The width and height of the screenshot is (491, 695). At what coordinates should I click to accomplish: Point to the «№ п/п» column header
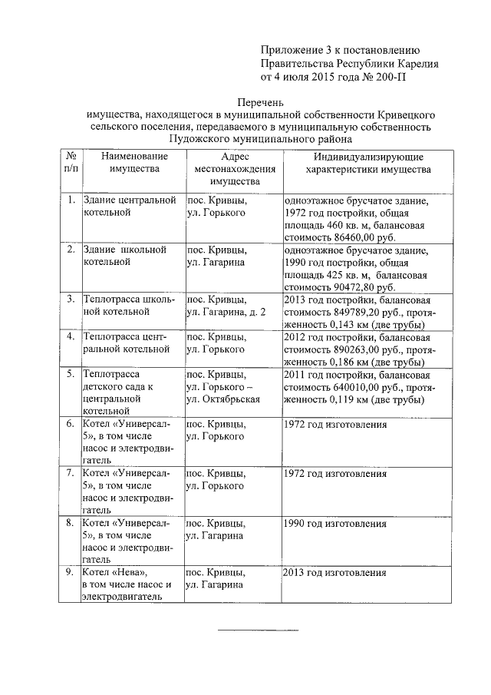tap(70, 162)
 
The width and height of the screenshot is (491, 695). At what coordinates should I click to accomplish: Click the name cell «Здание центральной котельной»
tap(130, 207)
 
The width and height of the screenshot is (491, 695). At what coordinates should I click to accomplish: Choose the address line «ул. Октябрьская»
tap(223, 400)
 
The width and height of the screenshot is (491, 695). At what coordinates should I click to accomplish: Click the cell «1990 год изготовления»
tap(334, 524)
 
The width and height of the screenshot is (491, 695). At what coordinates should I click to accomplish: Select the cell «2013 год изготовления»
tap(334, 574)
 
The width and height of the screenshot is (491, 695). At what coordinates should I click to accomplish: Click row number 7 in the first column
tap(70, 474)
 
